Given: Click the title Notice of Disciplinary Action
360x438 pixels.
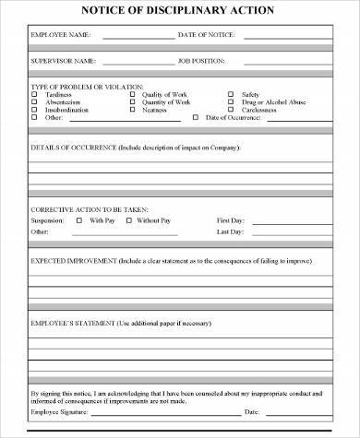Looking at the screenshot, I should (x=179, y=11).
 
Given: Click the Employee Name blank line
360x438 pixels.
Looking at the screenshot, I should (x=138, y=37).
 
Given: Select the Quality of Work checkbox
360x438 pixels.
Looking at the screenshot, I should (x=132, y=93).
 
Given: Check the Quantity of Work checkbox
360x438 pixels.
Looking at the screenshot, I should (x=132, y=101).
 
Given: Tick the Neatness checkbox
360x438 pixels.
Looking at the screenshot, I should (x=132, y=110).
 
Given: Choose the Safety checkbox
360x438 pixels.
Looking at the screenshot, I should (x=231, y=93).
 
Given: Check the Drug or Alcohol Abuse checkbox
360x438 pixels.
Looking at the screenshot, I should (x=231, y=101).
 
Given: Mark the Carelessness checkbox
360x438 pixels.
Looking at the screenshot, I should (x=231, y=110).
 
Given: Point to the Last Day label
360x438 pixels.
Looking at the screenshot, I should (x=230, y=232).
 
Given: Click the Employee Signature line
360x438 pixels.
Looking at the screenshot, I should (x=148, y=413).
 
